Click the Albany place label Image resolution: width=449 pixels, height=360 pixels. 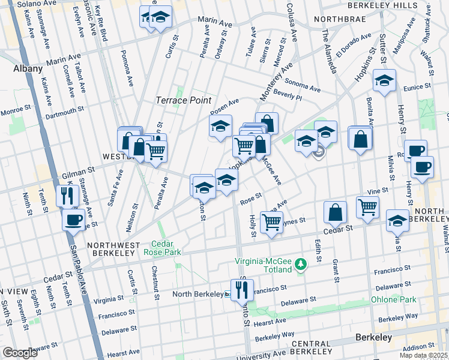pos(28,69)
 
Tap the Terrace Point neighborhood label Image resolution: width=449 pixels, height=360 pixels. pos(184,100)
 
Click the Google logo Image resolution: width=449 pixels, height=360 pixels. pos(20,353)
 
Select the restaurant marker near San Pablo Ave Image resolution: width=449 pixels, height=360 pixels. pos(67,195)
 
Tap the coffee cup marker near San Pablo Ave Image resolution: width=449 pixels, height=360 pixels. pos(74,220)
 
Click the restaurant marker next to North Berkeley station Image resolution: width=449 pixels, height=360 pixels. pos(242,290)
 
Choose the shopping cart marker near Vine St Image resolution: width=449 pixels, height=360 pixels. pos(367,207)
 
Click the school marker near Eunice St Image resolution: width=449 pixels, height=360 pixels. pos(384,80)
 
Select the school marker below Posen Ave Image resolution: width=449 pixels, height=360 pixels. pos(220,127)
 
